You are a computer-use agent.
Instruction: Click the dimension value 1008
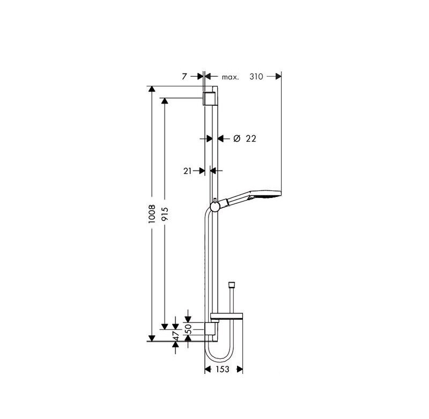[x=152, y=214]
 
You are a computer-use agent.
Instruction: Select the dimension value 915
[x=165, y=214]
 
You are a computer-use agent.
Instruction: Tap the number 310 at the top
[x=256, y=77]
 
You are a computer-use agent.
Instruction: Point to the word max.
[x=230, y=77]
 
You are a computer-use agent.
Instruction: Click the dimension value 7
[x=184, y=77]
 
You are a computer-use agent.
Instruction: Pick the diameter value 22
[x=251, y=139]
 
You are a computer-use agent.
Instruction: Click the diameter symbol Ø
[x=237, y=139]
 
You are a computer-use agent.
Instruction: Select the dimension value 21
[x=187, y=171]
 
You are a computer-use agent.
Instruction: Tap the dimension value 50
[x=189, y=329]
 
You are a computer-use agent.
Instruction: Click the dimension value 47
[x=176, y=335]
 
